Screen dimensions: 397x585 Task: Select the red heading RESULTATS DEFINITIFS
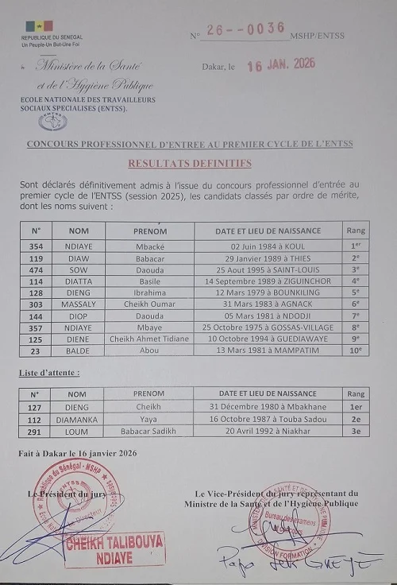(x=190, y=163)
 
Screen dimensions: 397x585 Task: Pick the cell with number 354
(x=36, y=246)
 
